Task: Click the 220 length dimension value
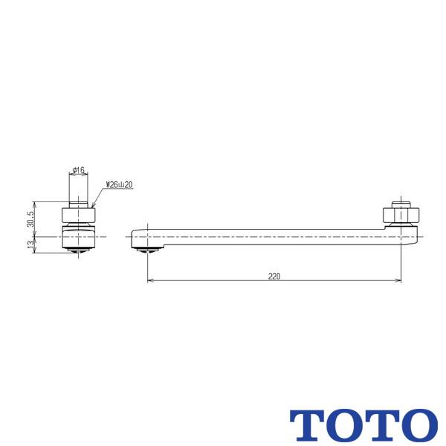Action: [x=274, y=276]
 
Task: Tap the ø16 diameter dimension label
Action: [x=79, y=171]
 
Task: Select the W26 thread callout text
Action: [x=119, y=184]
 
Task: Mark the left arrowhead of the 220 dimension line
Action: [x=151, y=281]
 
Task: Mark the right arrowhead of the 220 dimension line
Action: [x=398, y=281]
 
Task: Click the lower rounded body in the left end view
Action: [x=78, y=238]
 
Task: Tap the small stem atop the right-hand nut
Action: [x=401, y=204]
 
